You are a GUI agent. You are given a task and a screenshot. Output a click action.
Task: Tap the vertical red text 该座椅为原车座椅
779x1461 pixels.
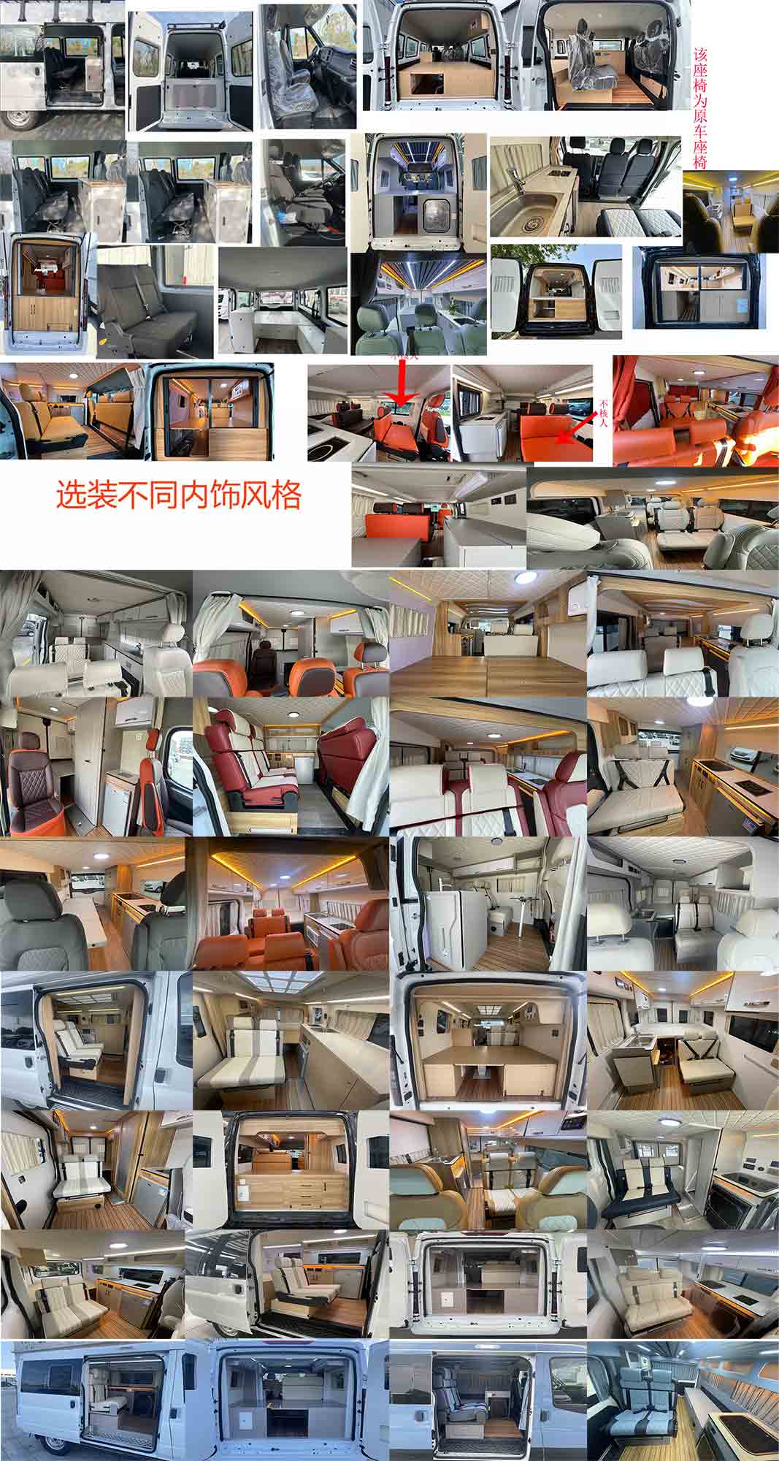[x=700, y=108]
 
